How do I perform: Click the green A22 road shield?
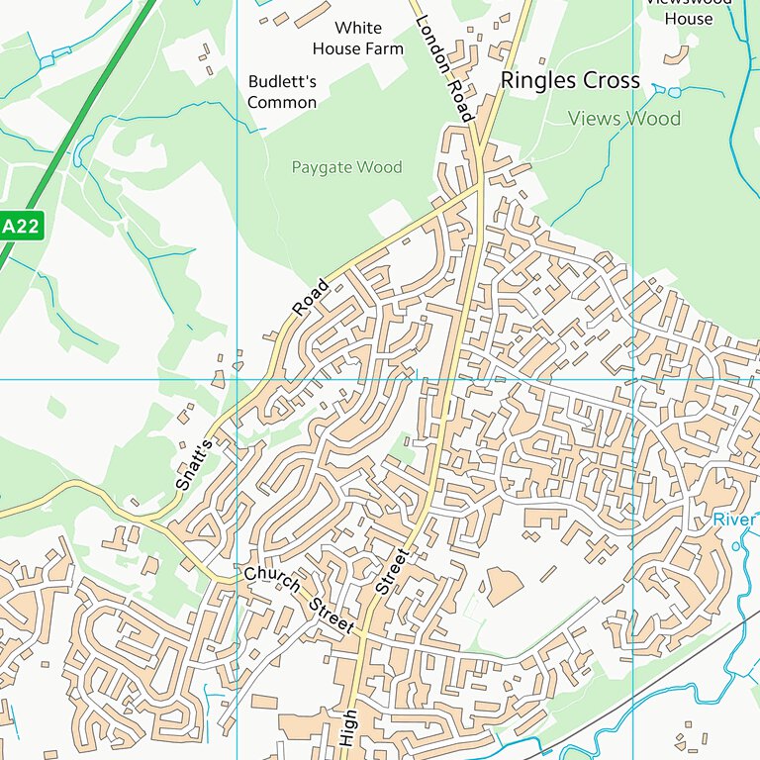pos(20,226)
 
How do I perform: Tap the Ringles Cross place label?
pos(570,80)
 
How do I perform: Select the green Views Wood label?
pos(623,119)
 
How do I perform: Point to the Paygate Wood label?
pos(346,167)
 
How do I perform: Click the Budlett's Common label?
pos(282,91)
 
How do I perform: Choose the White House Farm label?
pos(357,38)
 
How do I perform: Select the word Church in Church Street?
pos(271,581)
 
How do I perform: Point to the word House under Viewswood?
pos(688,19)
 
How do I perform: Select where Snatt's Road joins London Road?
pos(479,183)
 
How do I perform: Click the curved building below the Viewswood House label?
pos(678,55)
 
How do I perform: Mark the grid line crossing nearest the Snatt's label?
pos(237,379)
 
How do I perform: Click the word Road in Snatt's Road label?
pos(310,298)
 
